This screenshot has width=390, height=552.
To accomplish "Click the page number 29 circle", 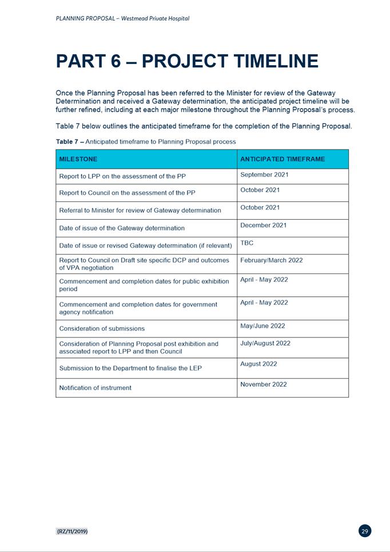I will pyautogui.click(x=365, y=531).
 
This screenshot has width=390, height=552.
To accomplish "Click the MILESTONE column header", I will pyautogui.click(x=78, y=159).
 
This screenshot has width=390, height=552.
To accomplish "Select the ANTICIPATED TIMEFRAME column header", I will pyautogui.click(x=282, y=159).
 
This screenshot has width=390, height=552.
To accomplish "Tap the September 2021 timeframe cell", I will pyautogui.click(x=264, y=174).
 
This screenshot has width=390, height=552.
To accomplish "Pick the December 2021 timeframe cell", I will pyautogui.click(x=264, y=225).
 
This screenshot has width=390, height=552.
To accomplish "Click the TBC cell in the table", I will pyautogui.click(x=247, y=243).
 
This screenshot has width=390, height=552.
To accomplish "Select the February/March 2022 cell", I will pyautogui.click(x=272, y=260).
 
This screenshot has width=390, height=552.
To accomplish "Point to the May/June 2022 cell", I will pyautogui.click(x=262, y=326).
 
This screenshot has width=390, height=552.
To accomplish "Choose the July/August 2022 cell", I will pyautogui.click(x=265, y=343).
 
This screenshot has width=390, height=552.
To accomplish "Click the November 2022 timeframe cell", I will pyautogui.click(x=264, y=384).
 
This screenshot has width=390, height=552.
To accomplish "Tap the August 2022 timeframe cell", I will pyautogui.click(x=258, y=364).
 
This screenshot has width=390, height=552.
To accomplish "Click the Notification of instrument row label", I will pyautogui.click(x=95, y=388).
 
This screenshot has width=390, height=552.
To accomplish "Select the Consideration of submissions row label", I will pyautogui.click(x=102, y=328).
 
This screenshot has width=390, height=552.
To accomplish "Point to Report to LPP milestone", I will pyautogui.click(x=122, y=177).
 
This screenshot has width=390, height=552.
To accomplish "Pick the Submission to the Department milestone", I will pyautogui.click(x=130, y=368).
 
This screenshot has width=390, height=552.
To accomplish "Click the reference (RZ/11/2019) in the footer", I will pyautogui.click(x=71, y=531).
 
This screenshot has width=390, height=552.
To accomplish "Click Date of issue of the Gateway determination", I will pyautogui.click(x=122, y=228).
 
